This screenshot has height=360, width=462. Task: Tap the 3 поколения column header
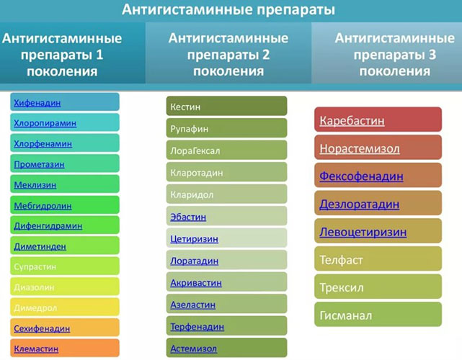coord(387,54)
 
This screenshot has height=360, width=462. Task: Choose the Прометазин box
coord(39,164)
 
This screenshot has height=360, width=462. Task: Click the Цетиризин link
coord(195,238)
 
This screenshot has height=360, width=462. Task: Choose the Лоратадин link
coord(195,261)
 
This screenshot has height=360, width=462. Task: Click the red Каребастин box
coord(352,120)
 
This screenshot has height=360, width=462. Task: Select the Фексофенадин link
coord(361,176)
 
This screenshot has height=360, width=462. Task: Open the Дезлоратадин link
coord(359,204)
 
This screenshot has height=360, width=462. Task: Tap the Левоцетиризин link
coord(363,233)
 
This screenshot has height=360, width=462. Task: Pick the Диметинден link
coord(40,246)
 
